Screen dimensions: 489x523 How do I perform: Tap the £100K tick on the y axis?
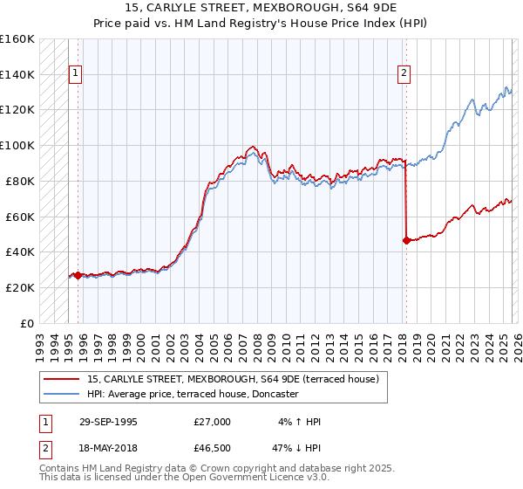17,145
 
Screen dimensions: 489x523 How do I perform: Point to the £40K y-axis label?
19,251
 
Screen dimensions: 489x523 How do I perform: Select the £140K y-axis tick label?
17,74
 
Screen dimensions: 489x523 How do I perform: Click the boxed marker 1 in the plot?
76,74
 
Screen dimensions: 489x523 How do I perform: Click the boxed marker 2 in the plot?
404,74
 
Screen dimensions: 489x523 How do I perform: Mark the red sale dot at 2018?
406,240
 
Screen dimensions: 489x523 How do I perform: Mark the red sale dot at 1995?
78,275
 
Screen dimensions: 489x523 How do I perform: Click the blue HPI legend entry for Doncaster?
193,395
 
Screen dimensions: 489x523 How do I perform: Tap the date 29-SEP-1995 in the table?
108,422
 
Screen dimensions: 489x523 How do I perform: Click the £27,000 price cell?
212,422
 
